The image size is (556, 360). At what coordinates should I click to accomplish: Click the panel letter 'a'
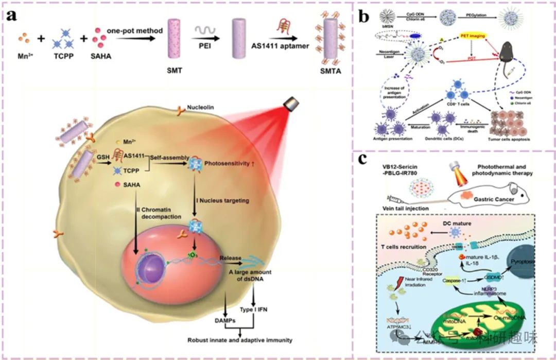13,15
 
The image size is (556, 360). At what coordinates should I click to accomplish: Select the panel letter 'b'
364,16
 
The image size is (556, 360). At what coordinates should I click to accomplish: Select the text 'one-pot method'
135,30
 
